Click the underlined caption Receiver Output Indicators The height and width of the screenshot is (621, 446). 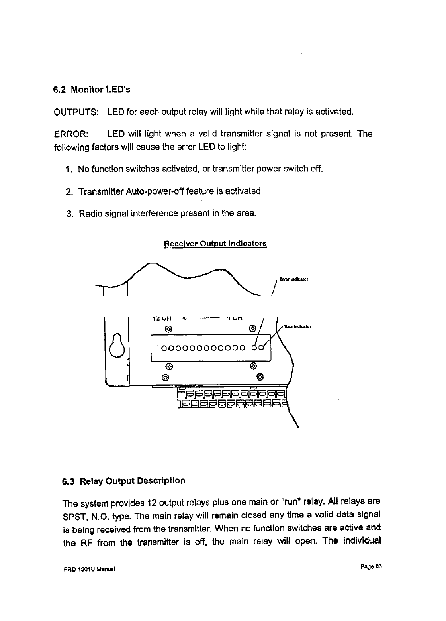point(215,244)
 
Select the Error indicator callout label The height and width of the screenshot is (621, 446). point(294,279)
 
